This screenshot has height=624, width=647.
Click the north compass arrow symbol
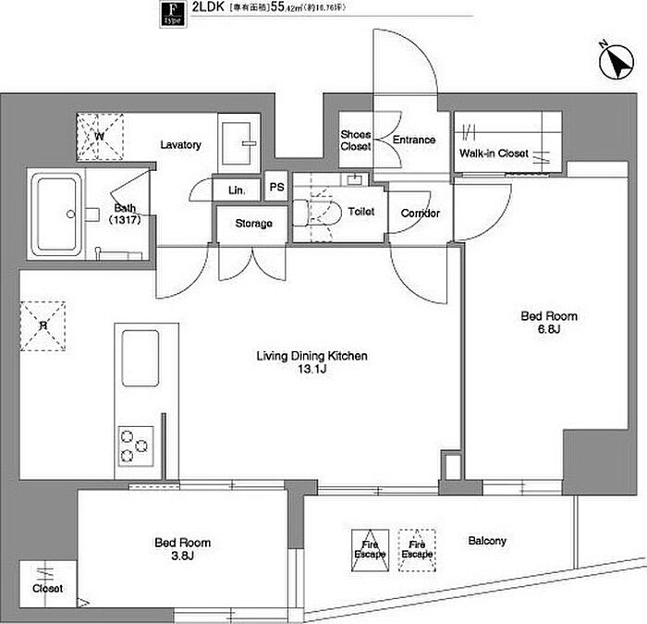[614, 62]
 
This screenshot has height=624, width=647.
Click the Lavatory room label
[180, 145]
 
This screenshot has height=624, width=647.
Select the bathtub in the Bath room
[57, 214]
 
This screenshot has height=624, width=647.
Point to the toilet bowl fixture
[316, 212]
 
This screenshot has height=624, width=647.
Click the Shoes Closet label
[356, 141]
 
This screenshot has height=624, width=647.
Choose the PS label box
[276, 187]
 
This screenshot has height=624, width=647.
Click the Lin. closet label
[236, 190]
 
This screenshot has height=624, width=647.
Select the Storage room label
[253, 224]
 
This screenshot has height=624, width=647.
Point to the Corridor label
[421, 214]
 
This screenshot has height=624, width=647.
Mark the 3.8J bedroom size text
[181, 557]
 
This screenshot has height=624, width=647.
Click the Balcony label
[487, 542]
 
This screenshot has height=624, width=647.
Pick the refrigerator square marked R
[43, 325]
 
